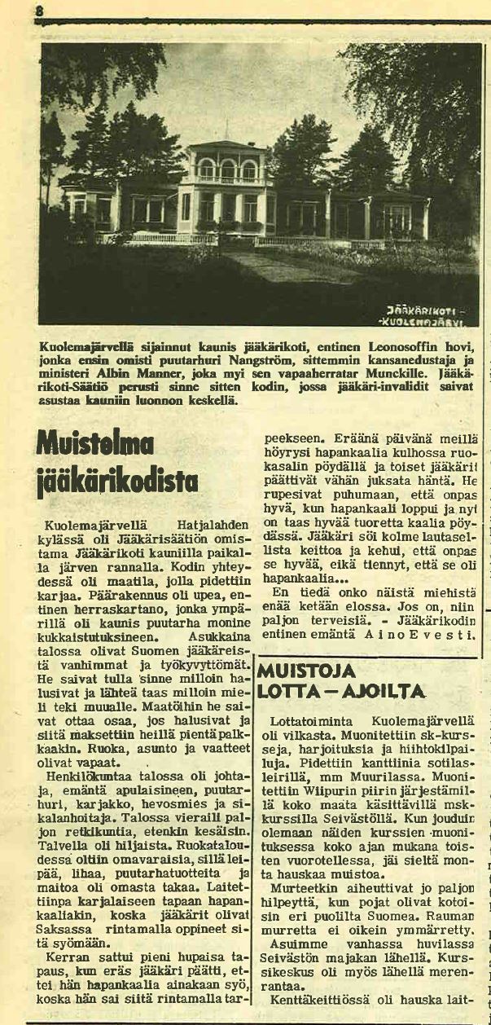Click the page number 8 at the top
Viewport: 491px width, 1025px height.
click(39, 10)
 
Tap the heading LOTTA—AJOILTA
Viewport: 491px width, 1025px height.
click(341, 692)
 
